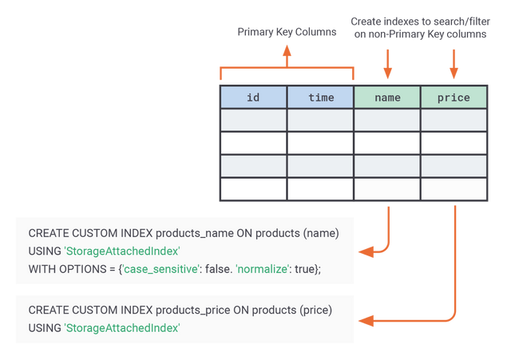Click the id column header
click(253, 97)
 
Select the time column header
click(321, 97)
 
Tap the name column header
click(387, 97)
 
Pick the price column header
click(454, 97)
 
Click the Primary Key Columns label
click(287, 32)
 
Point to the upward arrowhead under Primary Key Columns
click(287, 50)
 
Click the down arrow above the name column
click(387, 64)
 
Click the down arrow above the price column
click(454, 64)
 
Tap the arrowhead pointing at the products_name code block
click(366, 251)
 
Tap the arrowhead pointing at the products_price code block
click(366, 321)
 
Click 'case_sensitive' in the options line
click(160, 269)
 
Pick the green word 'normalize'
click(262, 269)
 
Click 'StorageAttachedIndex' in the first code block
click(122, 251)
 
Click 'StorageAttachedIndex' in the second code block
click(122, 328)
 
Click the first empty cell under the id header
click(253, 120)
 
